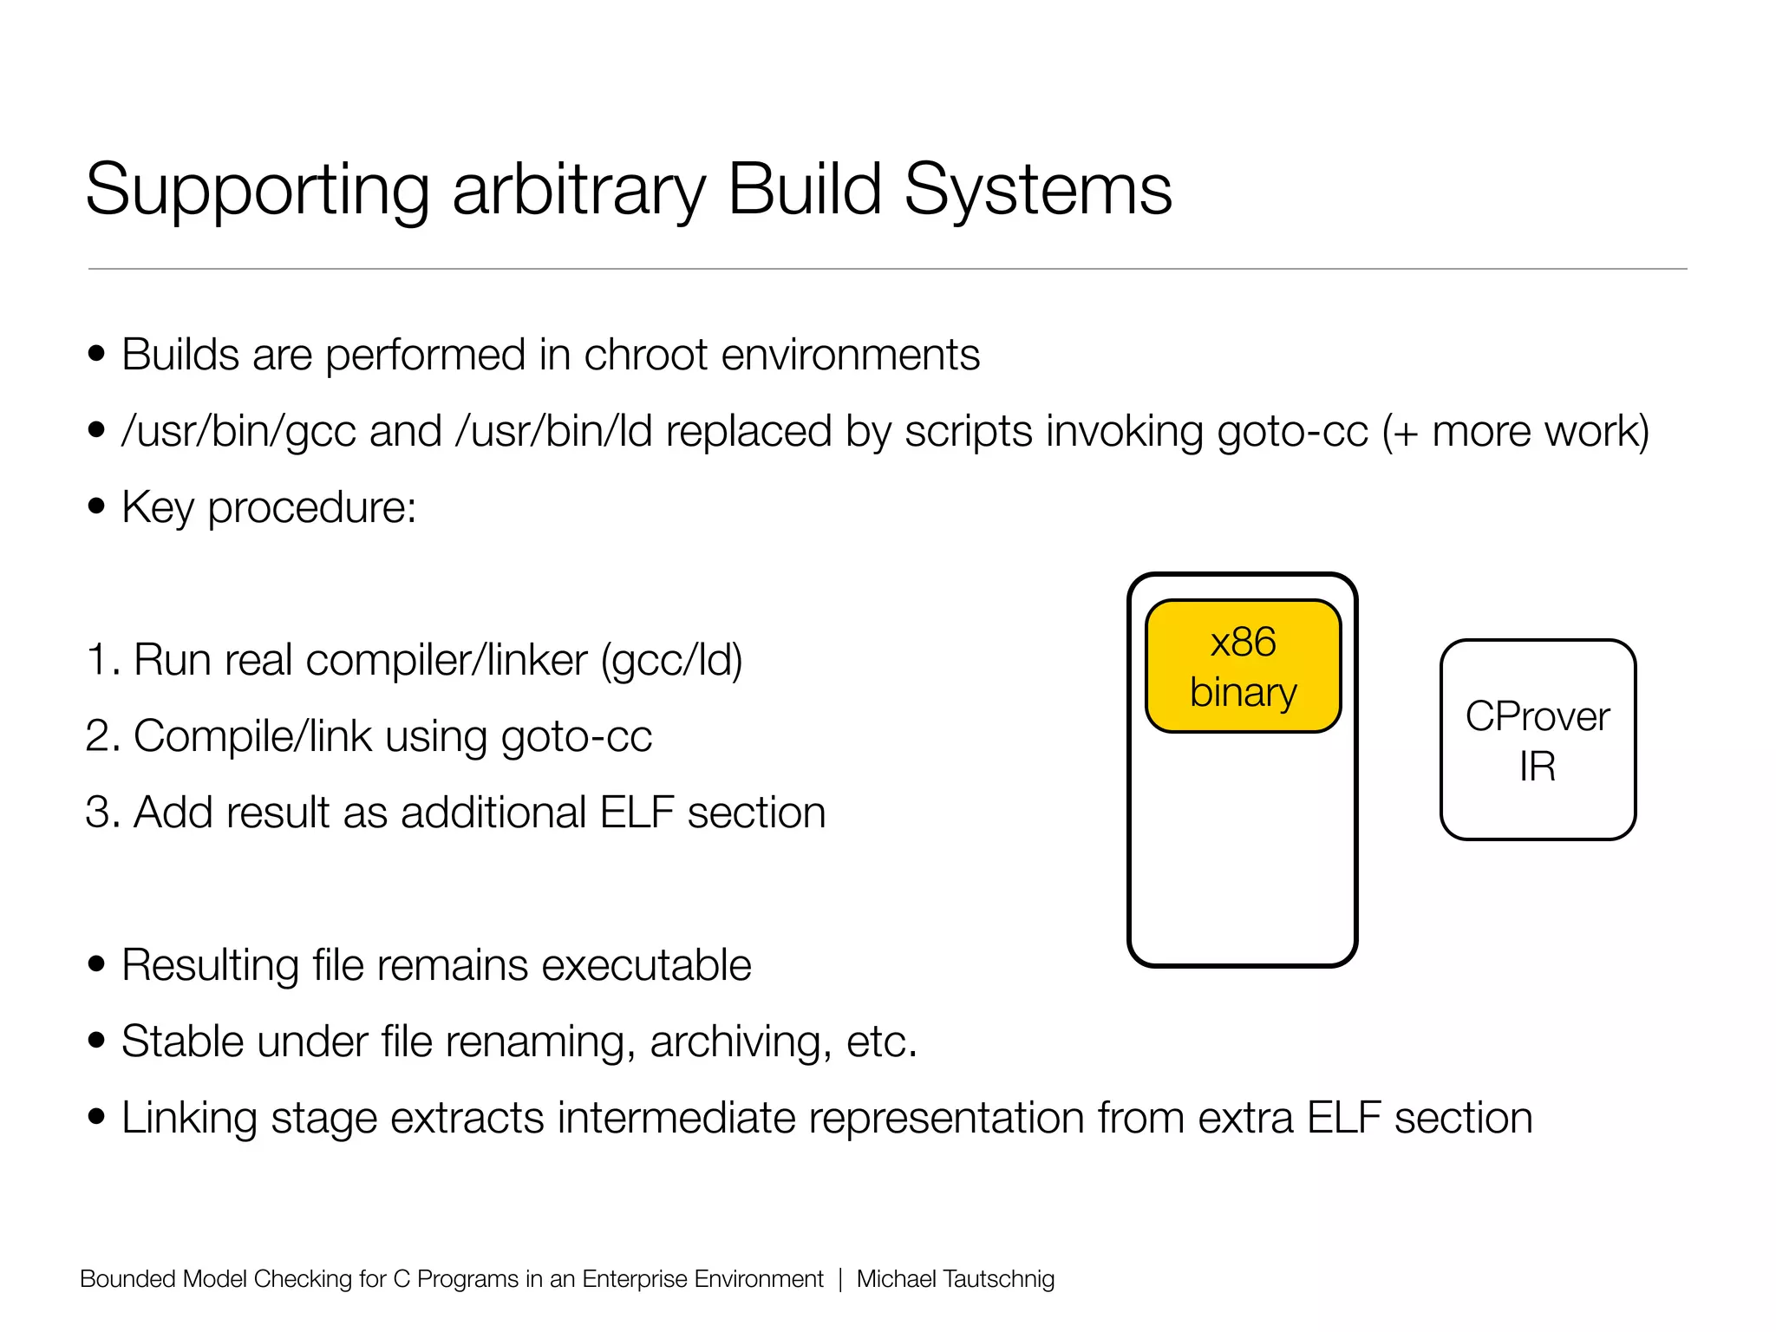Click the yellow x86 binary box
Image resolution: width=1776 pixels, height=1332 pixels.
pos(1243,666)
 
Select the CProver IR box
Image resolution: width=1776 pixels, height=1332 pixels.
pos(1538,740)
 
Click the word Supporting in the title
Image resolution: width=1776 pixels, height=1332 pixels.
pos(258,191)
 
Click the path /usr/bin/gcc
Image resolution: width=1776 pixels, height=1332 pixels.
pos(238,431)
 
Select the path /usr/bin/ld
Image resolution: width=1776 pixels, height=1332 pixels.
pos(553,431)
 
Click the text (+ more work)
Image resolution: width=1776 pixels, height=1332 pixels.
pos(1515,431)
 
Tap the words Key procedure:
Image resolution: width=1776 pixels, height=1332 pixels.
pos(269,507)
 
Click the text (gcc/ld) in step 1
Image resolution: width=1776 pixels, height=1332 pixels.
pos(672,660)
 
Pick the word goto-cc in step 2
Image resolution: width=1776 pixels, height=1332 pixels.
pos(576,736)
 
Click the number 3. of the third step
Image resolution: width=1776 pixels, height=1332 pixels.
pos(102,813)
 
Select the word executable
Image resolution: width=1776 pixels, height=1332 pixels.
pos(642,965)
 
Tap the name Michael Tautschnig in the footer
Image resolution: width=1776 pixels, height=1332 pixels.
pos(955,1279)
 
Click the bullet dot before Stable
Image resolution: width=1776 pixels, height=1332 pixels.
pos(96,1041)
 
